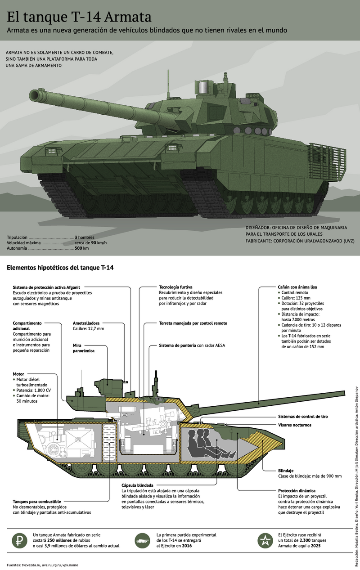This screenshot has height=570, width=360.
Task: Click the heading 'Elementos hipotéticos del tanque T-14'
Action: pyautogui.click(x=60, y=268)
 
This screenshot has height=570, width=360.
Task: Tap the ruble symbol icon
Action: pyautogui.click(x=19, y=539)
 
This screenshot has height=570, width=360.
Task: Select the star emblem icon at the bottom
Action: pyautogui.click(x=264, y=539)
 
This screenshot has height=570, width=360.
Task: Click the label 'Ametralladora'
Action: pyautogui.click(x=86, y=323)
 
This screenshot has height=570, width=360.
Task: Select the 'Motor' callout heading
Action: pyautogui.click(x=18, y=374)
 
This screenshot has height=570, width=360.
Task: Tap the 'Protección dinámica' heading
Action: pyautogui.click(x=297, y=490)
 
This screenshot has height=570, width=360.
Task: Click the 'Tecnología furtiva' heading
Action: pyautogui.click(x=176, y=287)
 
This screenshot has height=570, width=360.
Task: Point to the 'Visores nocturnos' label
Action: pyautogui.click(x=295, y=425)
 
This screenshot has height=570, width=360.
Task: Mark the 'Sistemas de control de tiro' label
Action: pyautogui.click(x=303, y=417)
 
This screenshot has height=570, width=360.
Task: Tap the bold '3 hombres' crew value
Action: pyautogui.click(x=85, y=237)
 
